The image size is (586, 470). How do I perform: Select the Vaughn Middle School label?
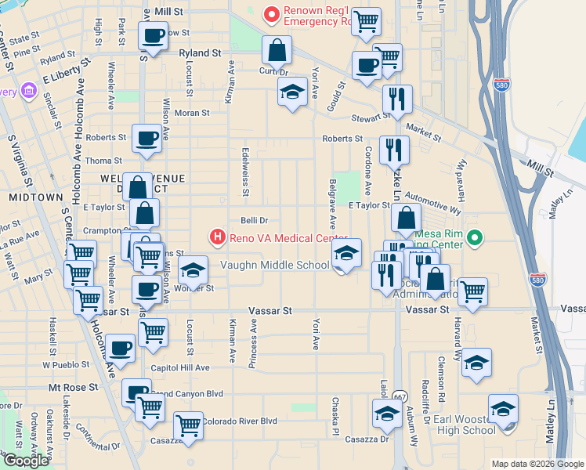pos(274,265)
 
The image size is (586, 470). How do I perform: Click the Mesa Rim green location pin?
pos(473,237)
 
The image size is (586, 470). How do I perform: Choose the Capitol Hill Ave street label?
pos(180,367)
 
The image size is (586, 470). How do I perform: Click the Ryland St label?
pos(200,53)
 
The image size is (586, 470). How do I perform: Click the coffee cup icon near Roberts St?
pos(146,139)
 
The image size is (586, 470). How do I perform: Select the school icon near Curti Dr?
pos(292,92)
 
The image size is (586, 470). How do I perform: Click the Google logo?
pos(27,461)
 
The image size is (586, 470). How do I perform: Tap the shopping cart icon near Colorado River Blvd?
pos(188,425)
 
